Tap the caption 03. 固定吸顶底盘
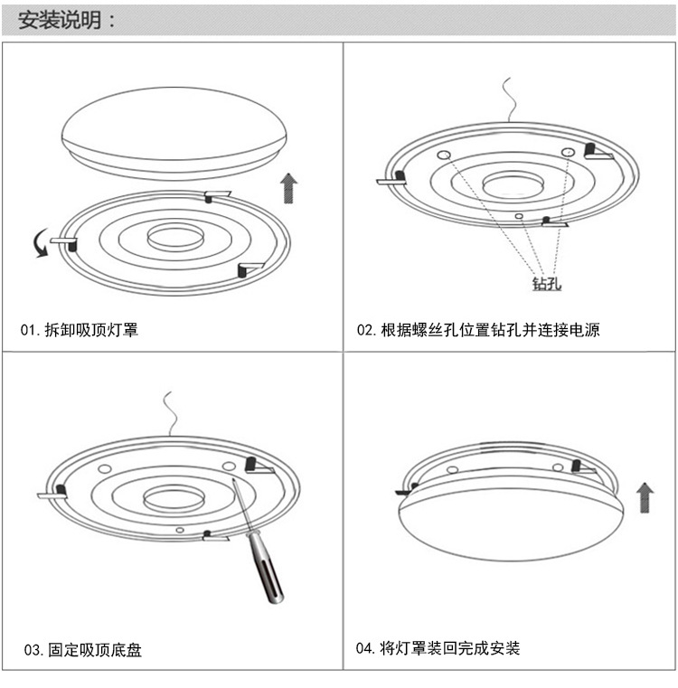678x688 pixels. click(81, 649)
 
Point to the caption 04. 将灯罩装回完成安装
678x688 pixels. click(438, 648)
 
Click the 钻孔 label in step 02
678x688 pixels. click(547, 285)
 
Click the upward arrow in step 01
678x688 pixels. click(288, 188)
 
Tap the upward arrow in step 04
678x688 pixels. click(645, 497)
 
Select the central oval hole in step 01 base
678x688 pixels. click(174, 238)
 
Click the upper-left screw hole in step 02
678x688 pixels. click(444, 156)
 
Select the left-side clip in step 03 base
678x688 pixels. click(54, 493)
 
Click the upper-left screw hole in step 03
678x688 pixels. click(104, 469)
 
